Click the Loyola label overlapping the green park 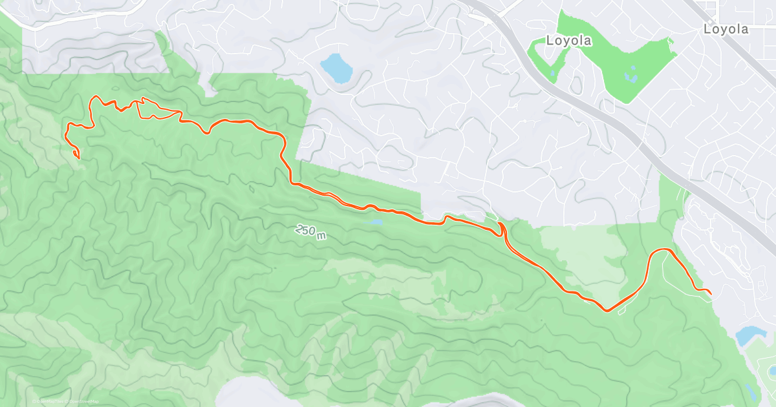(568, 41)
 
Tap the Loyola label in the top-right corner (726, 29)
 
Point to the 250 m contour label (311, 232)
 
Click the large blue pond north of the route (336, 67)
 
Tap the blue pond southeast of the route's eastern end (749, 335)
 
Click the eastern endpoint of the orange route (711, 295)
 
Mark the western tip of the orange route (78, 158)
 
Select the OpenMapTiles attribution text (50, 401)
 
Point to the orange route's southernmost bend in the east (607, 311)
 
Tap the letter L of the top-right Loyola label (707, 29)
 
